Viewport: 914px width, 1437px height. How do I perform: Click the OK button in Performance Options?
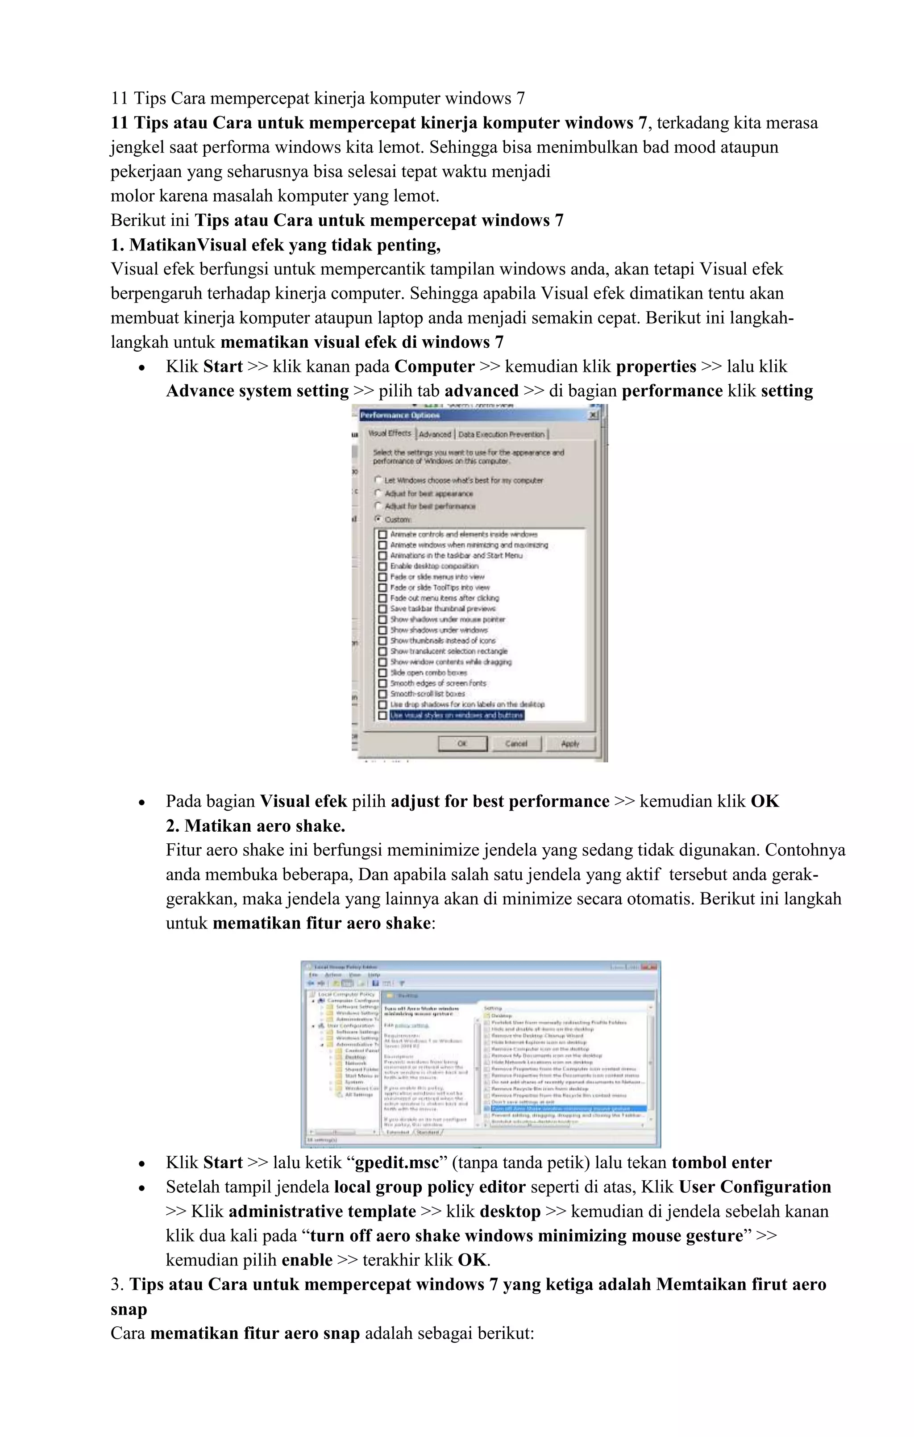(x=462, y=744)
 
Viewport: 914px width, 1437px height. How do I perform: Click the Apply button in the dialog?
(x=570, y=744)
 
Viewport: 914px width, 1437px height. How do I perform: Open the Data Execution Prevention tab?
(x=501, y=434)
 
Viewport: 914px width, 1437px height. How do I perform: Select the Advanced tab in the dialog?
(x=435, y=434)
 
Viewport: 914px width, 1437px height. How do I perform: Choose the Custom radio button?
(x=378, y=519)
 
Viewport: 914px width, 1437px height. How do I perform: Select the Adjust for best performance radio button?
(x=378, y=505)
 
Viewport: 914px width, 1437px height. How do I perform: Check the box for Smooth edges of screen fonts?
(x=382, y=683)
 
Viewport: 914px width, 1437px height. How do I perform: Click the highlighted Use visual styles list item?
(x=457, y=715)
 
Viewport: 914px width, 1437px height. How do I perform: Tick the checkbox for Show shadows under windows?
(x=382, y=630)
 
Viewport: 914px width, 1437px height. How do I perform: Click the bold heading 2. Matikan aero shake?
(x=255, y=826)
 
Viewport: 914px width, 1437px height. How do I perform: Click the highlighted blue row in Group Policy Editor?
(x=567, y=1108)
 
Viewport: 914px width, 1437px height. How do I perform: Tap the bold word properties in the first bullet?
(x=656, y=367)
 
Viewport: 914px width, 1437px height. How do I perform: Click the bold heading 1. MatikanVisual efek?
(x=276, y=245)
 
